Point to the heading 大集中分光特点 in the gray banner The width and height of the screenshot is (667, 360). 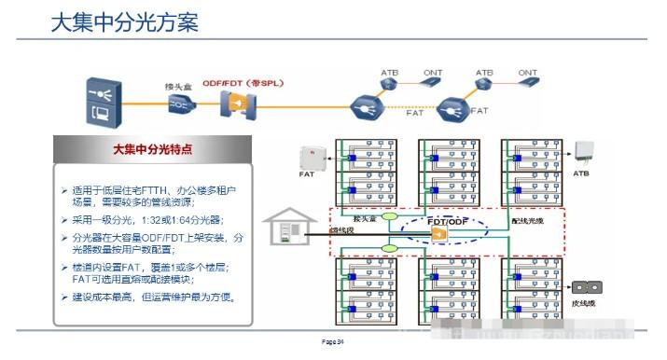tap(153, 149)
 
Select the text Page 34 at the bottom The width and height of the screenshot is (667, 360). tap(333, 344)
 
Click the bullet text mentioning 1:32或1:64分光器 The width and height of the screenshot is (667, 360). tap(153, 220)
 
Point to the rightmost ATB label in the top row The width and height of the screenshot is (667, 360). tap(484, 72)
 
